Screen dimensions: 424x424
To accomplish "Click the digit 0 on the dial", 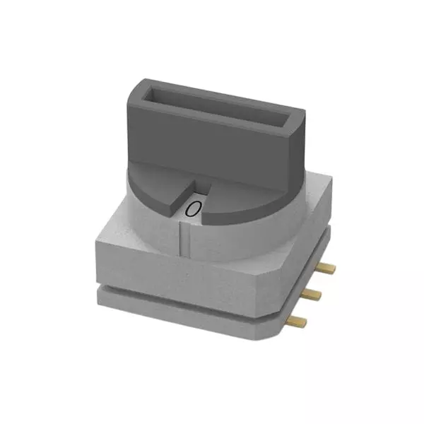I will (193, 208).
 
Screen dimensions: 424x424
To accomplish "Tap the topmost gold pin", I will (329, 269).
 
